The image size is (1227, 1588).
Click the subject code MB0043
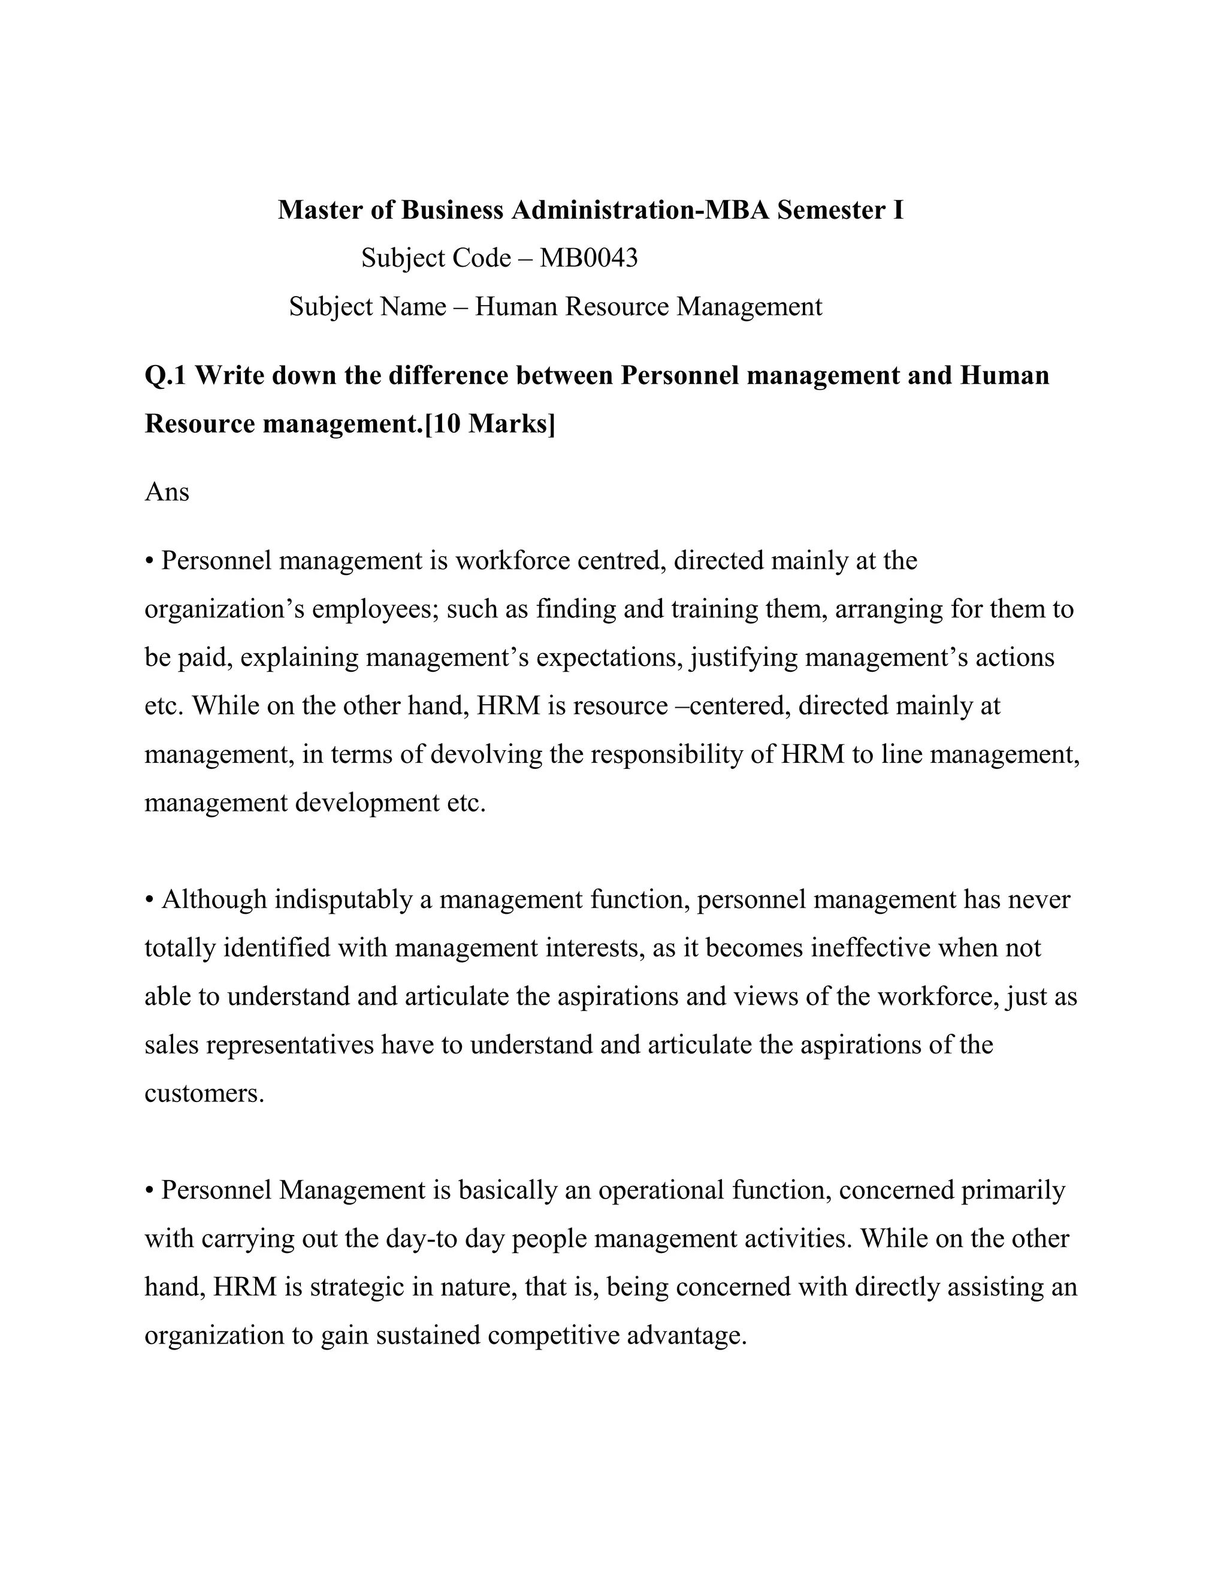coord(588,258)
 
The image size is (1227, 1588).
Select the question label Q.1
coord(167,376)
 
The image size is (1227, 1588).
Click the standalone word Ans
coord(167,492)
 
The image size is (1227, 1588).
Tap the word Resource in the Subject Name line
coord(616,307)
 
